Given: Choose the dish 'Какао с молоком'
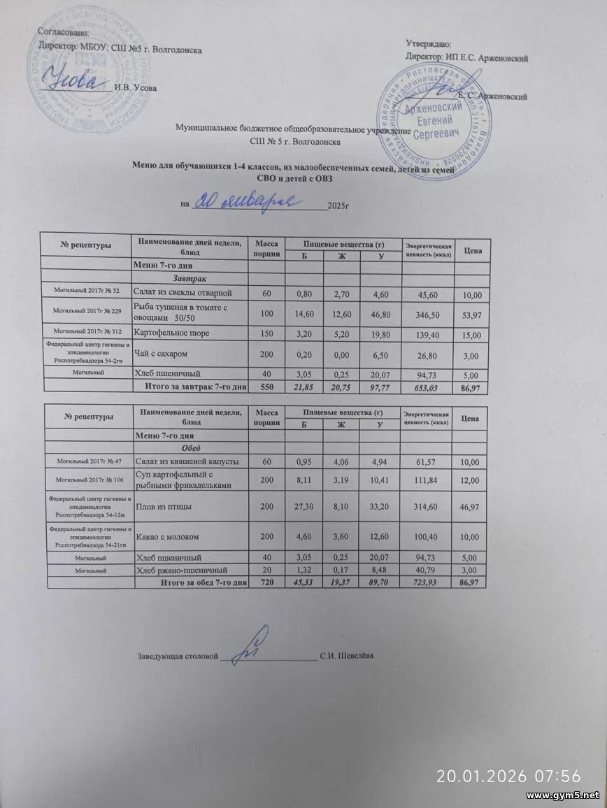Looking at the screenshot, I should point(167,537).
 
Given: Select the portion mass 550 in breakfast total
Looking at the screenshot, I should point(267,387).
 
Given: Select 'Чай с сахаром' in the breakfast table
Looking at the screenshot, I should point(163,355).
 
